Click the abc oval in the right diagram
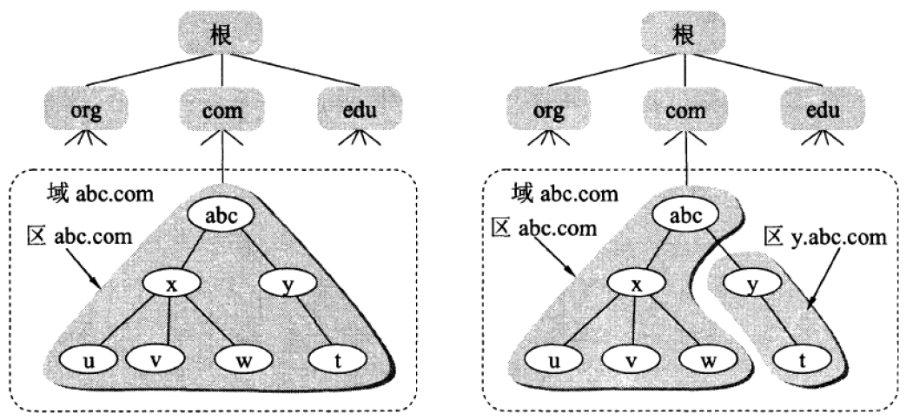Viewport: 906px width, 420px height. coord(685,213)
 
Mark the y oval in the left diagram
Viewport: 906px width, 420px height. coord(287,283)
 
